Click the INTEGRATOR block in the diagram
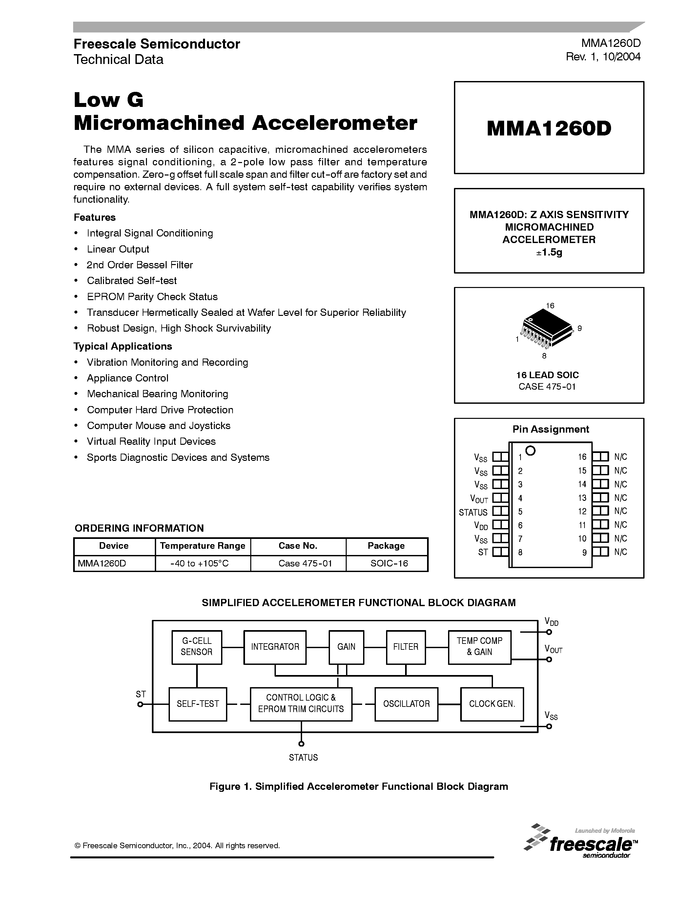pos(275,647)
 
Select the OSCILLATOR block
pos(406,704)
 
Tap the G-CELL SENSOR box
pos(196,647)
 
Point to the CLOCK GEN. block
pos(492,704)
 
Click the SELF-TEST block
pos(198,704)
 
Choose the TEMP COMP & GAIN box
pos(480,647)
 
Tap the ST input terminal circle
pos(140,704)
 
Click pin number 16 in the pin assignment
pos(582,457)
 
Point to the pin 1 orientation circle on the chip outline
pos(531,451)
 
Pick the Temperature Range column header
pos(202,546)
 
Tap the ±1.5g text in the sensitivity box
pos(549,252)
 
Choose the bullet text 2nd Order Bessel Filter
pos(140,265)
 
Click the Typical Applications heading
pos(123,346)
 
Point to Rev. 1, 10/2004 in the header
pos(603,57)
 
